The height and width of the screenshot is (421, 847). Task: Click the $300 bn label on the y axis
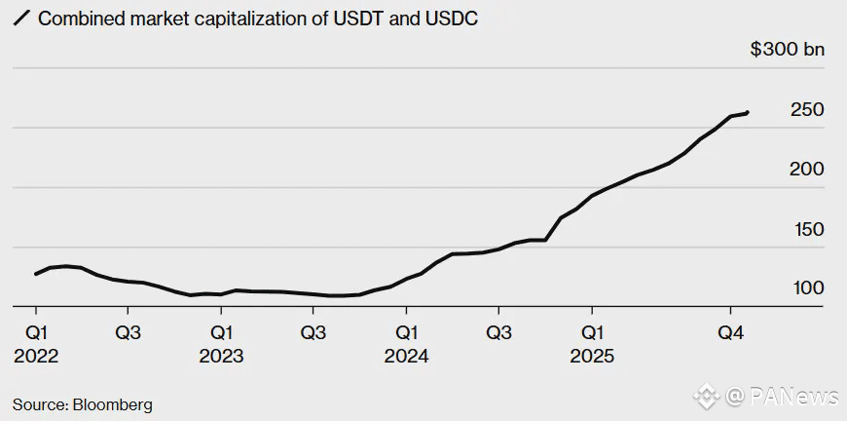tap(787, 50)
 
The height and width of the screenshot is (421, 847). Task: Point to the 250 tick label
tap(807, 110)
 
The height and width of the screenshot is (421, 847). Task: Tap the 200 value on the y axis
tap(807, 170)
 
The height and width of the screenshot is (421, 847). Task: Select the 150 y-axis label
tap(807, 230)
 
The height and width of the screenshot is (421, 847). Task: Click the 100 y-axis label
tap(807, 289)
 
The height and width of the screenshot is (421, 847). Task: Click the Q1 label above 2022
tap(36, 332)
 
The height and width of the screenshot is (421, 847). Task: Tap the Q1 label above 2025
tap(592, 332)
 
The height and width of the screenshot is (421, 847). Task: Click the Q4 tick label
tap(731, 332)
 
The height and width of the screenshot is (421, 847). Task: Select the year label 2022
tap(36, 357)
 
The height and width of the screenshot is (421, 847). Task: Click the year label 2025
tap(592, 357)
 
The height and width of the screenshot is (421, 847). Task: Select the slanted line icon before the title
tap(20, 19)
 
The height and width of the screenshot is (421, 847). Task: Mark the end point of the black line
tap(747, 113)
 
